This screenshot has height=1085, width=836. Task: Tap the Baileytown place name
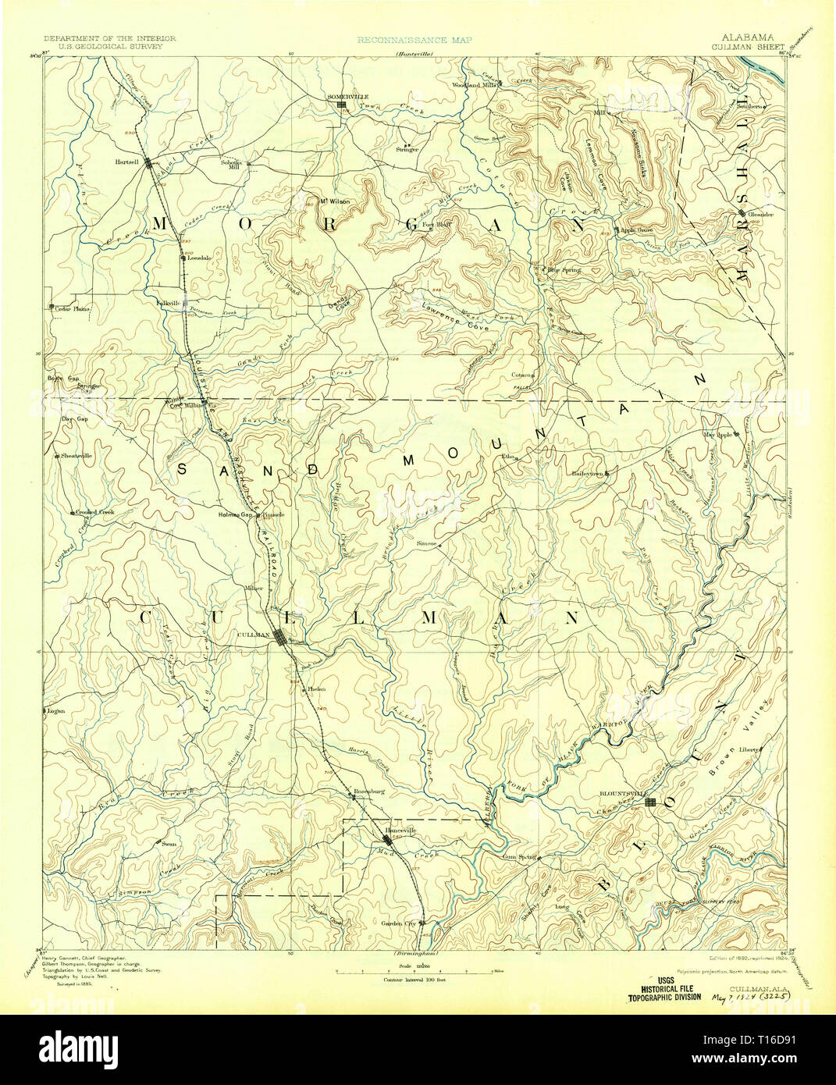coord(588,473)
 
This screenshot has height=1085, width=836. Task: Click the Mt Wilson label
coord(336,201)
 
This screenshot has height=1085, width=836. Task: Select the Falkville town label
coord(167,303)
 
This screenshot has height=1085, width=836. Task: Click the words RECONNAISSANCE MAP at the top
coord(413,38)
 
